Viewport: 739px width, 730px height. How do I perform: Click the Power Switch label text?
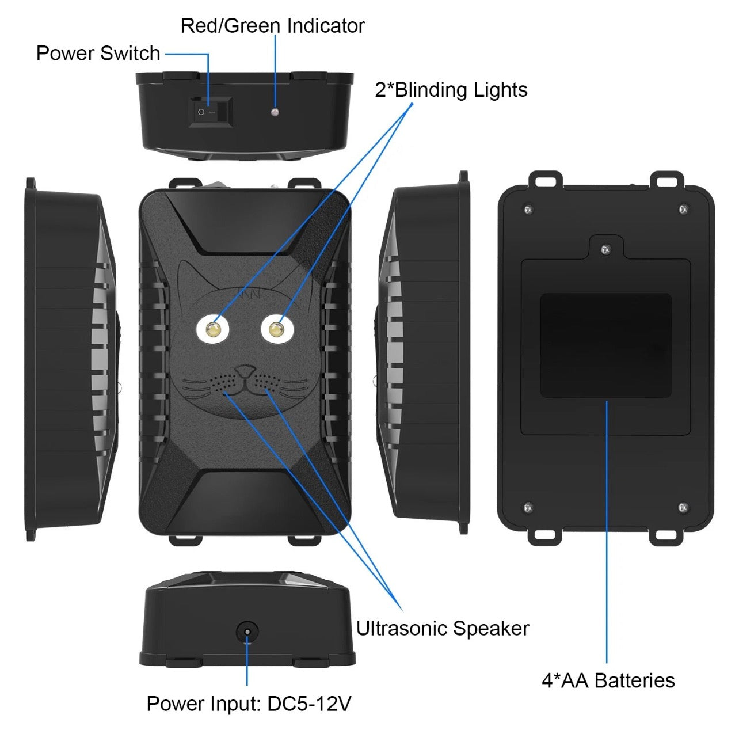tap(98, 54)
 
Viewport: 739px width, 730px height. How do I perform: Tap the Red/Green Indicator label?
tap(272, 26)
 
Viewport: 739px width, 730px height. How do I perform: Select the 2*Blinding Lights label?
tap(451, 90)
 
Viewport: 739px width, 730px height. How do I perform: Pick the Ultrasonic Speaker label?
tap(442, 628)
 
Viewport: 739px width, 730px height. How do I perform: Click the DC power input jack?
tap(247, 632)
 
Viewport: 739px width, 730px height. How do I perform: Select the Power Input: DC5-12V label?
tap(249, 704)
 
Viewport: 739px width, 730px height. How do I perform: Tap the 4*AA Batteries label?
tap(608, 680)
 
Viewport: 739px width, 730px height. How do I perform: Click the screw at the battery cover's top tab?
tap(605, 249)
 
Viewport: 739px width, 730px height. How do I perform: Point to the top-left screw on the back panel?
tap(528, 210)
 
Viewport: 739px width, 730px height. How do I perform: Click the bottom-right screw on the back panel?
tap(683, 507)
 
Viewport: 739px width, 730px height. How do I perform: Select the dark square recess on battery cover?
tap(605, 345)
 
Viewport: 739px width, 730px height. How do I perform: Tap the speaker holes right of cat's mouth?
tap(265, 381)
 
